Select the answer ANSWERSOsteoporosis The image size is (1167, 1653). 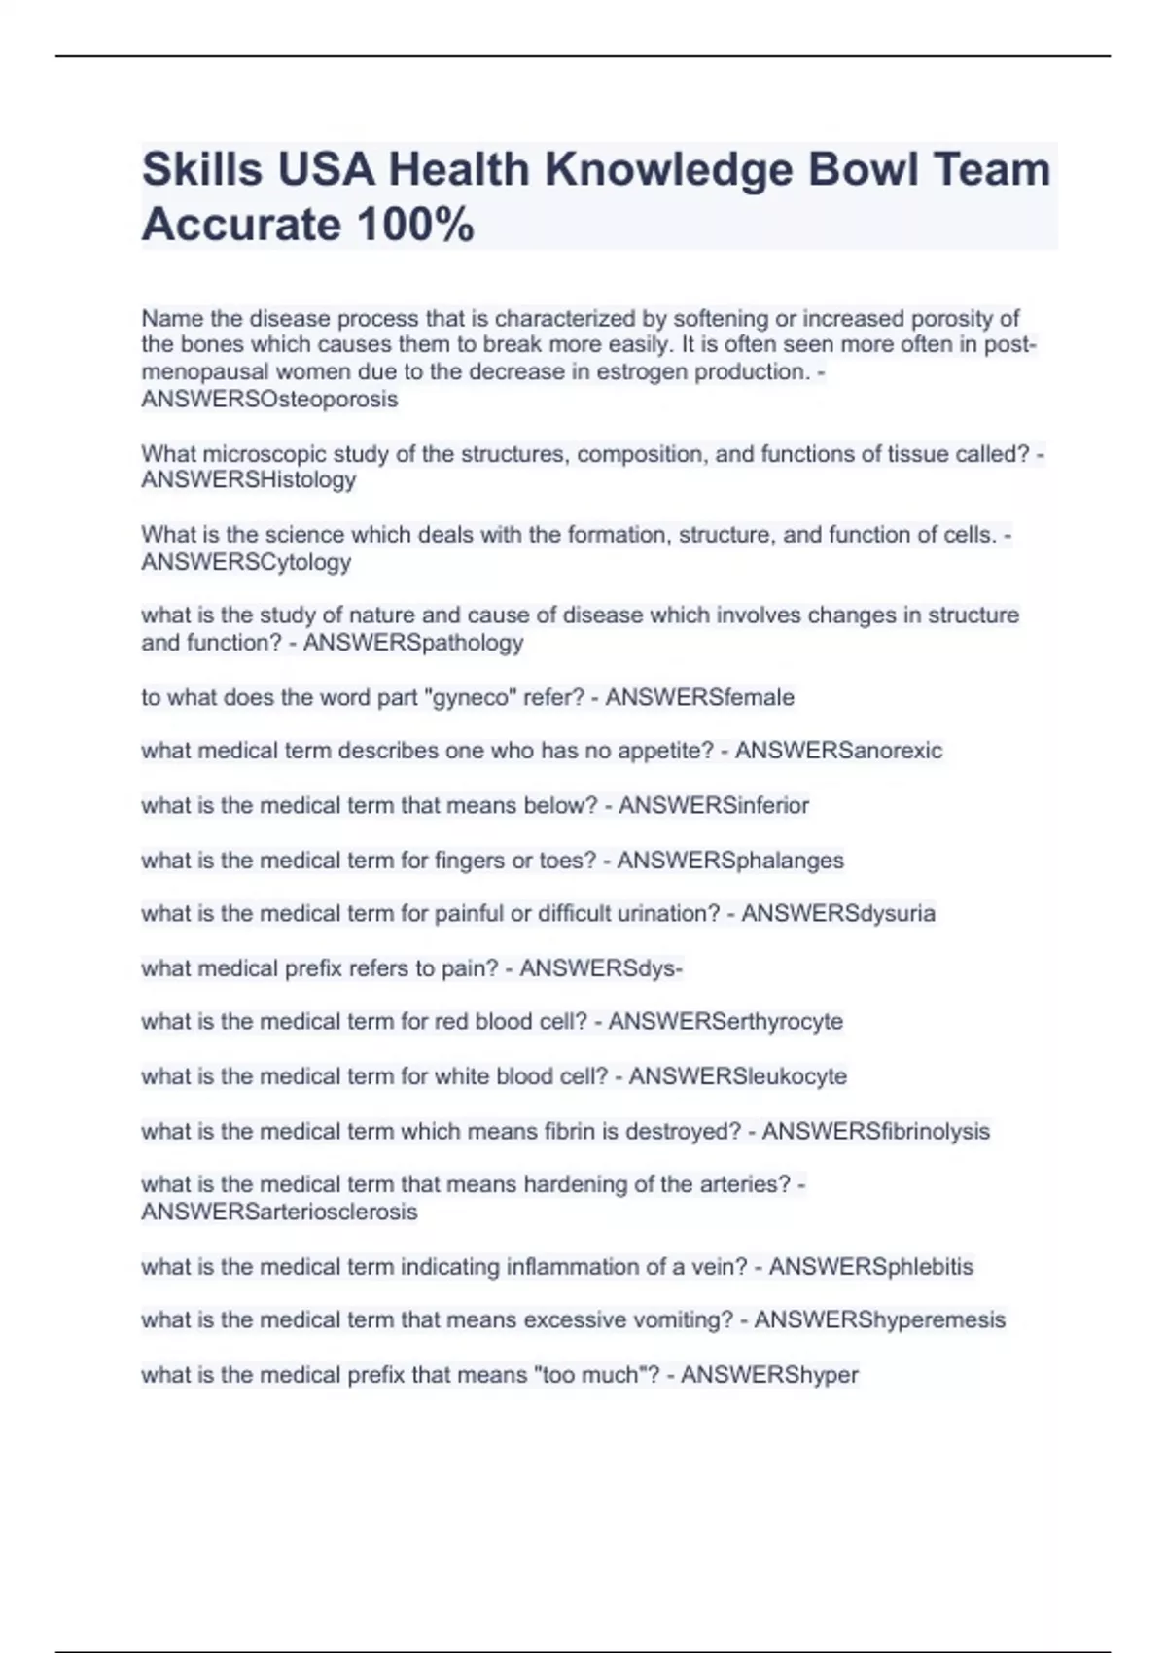(269, 400)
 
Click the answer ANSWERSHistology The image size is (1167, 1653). (248, 480)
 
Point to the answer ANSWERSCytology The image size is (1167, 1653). (246, 562)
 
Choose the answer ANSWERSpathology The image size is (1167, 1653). (413, 643)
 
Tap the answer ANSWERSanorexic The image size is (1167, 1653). (838, 751)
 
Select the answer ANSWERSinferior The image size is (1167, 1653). (713, 805)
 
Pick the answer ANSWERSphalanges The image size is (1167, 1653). (730, 861)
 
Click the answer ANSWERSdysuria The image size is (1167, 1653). (837, 914)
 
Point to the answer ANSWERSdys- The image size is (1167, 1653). (601, 968)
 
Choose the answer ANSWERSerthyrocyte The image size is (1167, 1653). (725, 1022)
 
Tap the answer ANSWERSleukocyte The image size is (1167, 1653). (737, 1076)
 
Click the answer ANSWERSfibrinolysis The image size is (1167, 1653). (875, 1132)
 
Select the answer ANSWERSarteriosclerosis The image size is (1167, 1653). (279, 1213)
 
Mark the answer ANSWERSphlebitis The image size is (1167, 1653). (870, 1267)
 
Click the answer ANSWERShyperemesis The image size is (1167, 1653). (879, 1320)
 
